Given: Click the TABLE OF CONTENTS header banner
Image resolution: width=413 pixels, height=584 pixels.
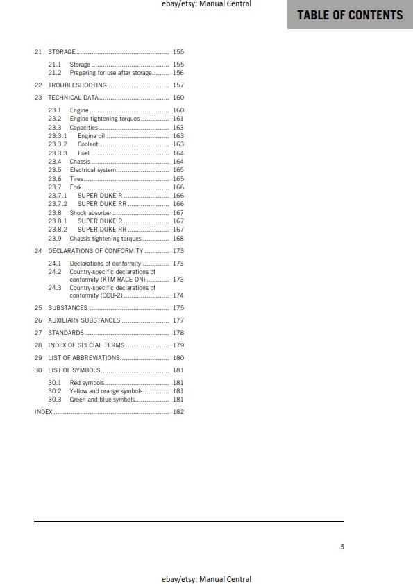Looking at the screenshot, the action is (x=350, y=15).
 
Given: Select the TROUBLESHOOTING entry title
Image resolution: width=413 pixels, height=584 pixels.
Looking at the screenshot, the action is (x=77, y=85).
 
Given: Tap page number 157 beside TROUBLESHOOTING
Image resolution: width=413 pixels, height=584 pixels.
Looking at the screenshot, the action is (x=178, y=85).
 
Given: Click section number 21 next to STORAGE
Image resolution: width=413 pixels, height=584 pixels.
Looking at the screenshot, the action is (x=38, y=52).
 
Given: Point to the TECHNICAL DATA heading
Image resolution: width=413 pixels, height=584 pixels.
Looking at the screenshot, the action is (x=73, y=98).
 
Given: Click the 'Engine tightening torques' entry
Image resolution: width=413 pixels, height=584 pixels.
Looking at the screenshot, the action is (x=105, y=119).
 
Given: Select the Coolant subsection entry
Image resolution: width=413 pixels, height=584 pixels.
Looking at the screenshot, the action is (x=87, y=144).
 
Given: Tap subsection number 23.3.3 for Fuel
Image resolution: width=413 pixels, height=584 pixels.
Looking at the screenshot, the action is (x=58, y=153).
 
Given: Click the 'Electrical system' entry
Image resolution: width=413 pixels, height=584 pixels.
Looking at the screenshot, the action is (x=93, y=170).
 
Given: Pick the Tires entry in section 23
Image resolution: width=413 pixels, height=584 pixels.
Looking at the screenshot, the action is (x=76, y=179).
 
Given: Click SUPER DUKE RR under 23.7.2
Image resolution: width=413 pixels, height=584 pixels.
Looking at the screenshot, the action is (x=102, y=204).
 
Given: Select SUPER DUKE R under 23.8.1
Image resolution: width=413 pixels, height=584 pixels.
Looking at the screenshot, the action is (x=100, y=221).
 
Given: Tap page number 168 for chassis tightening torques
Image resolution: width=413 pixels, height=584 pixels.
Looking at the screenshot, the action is (x=178, y=239).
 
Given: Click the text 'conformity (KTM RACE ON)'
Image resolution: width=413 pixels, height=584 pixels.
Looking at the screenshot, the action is (x=108, y=280).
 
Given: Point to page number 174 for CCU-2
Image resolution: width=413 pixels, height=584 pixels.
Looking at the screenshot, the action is (x=178, y=295).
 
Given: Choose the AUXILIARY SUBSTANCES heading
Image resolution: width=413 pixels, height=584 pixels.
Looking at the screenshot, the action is (x=84, y=320).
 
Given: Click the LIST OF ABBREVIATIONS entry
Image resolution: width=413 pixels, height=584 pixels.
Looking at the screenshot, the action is (x=83, y=358).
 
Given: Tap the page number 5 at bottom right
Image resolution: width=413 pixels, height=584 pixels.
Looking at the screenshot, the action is (x=342, y=547).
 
